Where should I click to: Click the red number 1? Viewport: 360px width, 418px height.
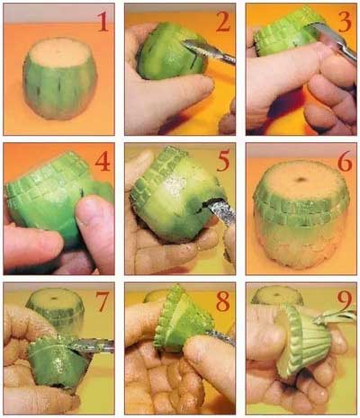103,22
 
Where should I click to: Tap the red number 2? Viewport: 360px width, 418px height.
223,22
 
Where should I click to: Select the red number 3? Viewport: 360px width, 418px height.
345,22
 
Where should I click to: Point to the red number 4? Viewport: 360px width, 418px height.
103,162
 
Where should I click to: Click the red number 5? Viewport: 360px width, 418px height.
223,162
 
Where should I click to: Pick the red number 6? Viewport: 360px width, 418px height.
345,162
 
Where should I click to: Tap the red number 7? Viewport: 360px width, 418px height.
102,301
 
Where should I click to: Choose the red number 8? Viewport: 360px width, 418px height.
223,301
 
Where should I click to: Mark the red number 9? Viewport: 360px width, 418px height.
345,301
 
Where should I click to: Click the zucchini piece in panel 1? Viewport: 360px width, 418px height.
60,78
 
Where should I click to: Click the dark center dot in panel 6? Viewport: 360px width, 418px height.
301,179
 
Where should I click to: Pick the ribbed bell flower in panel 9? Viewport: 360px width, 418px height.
303,342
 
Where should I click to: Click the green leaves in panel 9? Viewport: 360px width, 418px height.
336,317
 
